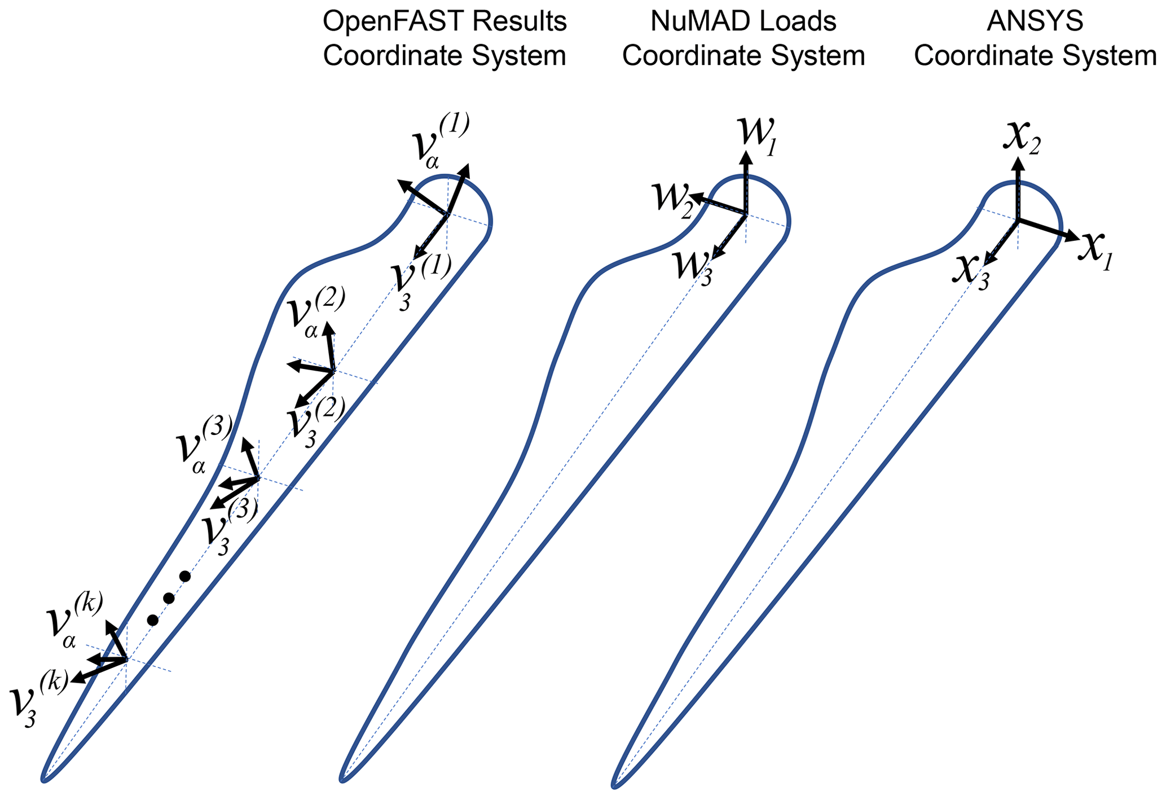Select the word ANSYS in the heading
coord(1035,22)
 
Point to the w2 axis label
coord(672,197)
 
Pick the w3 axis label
coord(693,268)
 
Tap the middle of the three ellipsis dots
coord(168,598)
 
